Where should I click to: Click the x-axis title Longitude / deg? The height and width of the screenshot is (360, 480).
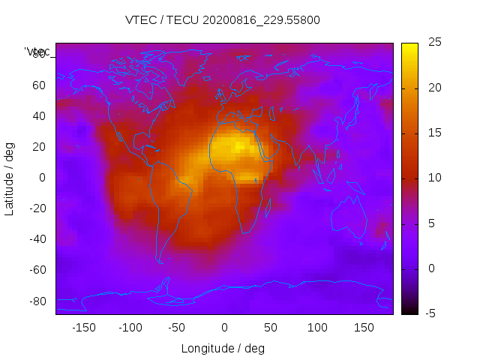click(223, 348)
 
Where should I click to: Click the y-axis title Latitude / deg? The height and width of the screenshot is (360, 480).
click(10, 178)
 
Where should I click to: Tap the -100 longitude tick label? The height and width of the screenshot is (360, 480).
click(130, 328)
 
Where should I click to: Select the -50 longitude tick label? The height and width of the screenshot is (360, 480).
click(177, 328)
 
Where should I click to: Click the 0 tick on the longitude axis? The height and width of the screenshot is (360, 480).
click(223, 328)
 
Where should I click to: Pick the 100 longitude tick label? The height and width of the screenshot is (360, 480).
click(317, 328)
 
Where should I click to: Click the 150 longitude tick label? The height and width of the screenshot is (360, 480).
click(364, 328)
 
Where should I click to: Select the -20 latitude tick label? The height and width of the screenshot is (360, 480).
click(37, 208)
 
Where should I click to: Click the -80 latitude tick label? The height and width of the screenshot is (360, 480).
click(37, 301)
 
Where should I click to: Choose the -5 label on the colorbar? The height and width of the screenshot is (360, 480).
click(430, 313)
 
